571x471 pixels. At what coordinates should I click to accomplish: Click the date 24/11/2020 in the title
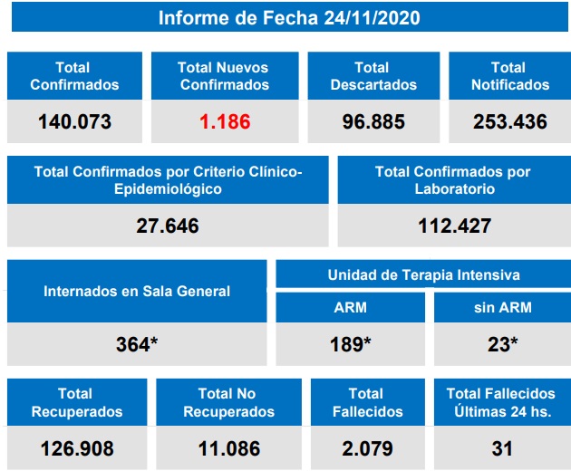click(372, 18)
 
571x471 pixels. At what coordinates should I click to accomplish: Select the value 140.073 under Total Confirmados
click(74, 121)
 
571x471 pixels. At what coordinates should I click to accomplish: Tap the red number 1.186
click(224, 121)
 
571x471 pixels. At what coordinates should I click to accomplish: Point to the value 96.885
click(373, 121)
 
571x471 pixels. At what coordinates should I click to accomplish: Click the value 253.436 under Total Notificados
click(510, 121)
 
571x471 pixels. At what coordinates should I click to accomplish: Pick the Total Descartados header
click(373, 75)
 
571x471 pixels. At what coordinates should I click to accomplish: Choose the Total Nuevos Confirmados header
click(224, 75)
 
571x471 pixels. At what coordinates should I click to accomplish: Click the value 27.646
click(168, 226)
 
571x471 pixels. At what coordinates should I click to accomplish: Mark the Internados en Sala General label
click(137, 291)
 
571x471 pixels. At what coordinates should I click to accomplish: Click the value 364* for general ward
click(137, 344)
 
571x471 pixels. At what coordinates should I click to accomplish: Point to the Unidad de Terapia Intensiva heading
click(423, 274)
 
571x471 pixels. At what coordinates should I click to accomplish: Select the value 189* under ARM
click(350, 344)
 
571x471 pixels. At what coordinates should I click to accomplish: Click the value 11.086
click(228, 448)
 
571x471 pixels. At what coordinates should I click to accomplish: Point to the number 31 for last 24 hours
click(502, 448)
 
